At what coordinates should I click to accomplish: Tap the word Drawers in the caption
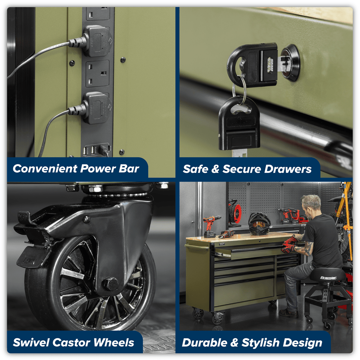point(288,169)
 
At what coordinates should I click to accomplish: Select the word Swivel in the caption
point(31,342)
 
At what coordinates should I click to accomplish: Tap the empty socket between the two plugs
point(98,74)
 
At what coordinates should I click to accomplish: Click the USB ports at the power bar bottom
point(89,150)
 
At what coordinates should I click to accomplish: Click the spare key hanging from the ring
point(239,125)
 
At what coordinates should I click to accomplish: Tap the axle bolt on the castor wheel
point(111,284)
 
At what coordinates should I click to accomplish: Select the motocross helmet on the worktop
point(259,224)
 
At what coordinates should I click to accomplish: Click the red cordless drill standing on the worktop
point(211,226)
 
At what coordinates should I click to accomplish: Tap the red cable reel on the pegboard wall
point(235,212)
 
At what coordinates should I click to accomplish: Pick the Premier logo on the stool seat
point(329,278)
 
